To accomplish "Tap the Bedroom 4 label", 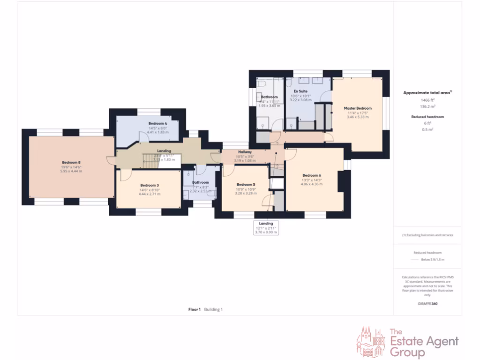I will pyautogui.click(x=157, y=123).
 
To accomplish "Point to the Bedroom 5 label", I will pyautogui.click(x=246, y=184).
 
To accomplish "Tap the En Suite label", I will pyautogui.click(x=300, y=91).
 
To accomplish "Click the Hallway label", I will pyautogui.click(x=245, y=152).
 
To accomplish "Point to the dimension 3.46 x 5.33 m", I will pyautogui.click(x=357, y=117).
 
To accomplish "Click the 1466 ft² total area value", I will pyautogui.click(x=427, y=100).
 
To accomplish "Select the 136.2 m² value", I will pyautogui.click(x=427, y=106).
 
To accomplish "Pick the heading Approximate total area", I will pyautogui.click(x=427, y=93).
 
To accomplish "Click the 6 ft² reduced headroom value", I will pyautogui.click(x=427, y=123).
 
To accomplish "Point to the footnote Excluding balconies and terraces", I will pyautogui.click(x=427, y=235).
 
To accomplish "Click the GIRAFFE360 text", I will pyautogui.click(x=427, y=303).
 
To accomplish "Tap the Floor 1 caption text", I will pyautogui.click(x=195, y=309).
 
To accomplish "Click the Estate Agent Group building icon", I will pyautogui.click(x=371, y=343).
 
